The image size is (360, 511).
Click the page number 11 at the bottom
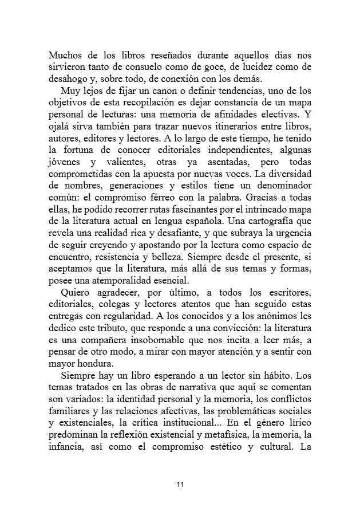coord(180,485)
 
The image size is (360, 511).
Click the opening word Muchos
coord(66,56)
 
